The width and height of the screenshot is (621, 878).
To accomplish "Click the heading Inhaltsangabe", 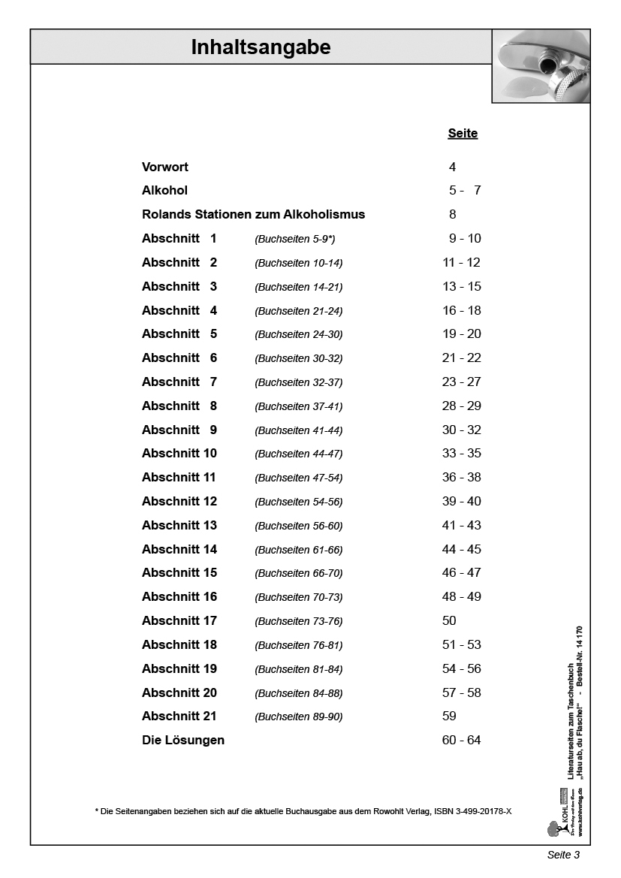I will click(x=261, y=48).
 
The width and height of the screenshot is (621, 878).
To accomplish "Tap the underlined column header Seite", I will click(x=463, y=134).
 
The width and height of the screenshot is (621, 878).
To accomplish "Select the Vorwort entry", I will click(x=165, y=167).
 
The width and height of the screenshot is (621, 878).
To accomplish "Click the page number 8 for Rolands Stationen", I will click(x=452, y=214).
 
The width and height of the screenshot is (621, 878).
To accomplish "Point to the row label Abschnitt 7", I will click(x=179, y=382).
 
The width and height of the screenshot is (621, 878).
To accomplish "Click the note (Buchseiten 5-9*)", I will click(x=295, y=239).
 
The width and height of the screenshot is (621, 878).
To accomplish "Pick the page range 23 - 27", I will click(x=461, y=382).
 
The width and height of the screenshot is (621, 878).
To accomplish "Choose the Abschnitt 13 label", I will click(x=179, y=525).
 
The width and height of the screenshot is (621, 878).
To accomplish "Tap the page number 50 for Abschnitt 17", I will click(x=449, y=620).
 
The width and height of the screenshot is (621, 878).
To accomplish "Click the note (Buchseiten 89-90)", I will click(x=299, y=717).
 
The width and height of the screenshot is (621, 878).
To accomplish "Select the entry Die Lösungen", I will click(x=183, y=740).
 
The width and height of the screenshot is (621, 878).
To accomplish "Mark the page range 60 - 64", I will click(x=461, y=740).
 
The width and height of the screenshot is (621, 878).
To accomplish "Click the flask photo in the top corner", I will click(x=541, y=66).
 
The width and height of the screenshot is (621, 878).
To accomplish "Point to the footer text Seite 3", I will click(x=563, y=855).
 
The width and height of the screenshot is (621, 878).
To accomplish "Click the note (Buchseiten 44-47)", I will click(x=299, y=454).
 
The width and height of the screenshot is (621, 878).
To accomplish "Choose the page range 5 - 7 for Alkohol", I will click(x=464, y=191).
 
